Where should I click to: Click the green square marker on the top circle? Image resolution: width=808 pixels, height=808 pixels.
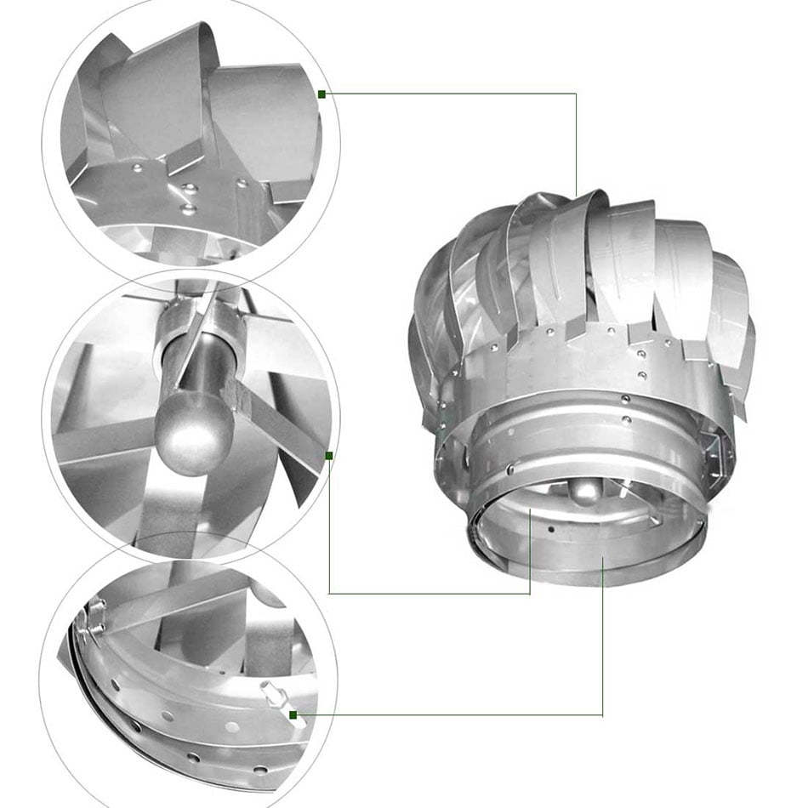pyautogui.click(x=321, y=94)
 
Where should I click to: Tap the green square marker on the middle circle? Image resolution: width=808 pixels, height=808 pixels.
pyautogui.click(x=329, y=456)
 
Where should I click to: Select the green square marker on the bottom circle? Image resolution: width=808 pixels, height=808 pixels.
pyautogui.click(x=293, y=715)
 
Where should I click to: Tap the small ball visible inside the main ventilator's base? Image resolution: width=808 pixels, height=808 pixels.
pyautogui.click(x=585, y=492)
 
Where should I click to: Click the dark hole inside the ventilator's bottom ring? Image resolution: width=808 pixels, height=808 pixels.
pyautogui.click(x=551, y=529)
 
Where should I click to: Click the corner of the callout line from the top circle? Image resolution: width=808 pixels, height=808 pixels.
pyautogui.click(x=576, y=94)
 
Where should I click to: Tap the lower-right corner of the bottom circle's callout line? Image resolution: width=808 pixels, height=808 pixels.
pyautogui.click(x=602, y=715)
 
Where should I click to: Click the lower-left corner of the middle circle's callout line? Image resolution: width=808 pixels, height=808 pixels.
pyautogui.click(x=329, y=593)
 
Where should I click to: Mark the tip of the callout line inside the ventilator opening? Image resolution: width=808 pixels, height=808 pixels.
pyautogui.click(x=530, y=510)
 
